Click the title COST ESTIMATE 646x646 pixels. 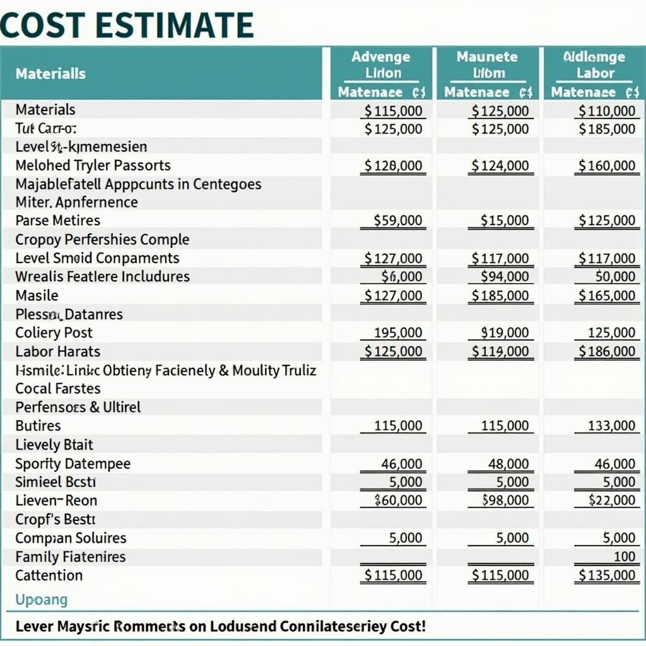click(127, 25)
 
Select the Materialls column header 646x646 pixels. click(50, 74)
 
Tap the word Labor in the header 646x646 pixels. click(595, 73)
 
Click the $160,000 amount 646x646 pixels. click(607, 166)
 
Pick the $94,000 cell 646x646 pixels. click(504, 276)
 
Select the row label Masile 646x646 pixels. click(37, 295)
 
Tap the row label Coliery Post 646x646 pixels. click(54, 332)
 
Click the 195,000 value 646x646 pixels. click(397, 332)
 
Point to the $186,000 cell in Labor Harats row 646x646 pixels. click(607, 351)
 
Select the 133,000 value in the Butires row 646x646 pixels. click(611, 426)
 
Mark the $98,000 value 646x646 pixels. click(505, 500)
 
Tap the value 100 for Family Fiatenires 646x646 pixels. click(625, 557)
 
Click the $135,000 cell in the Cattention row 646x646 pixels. click(607, 575)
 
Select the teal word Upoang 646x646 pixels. click(41, 600)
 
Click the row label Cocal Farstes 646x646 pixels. click(58, 389)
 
